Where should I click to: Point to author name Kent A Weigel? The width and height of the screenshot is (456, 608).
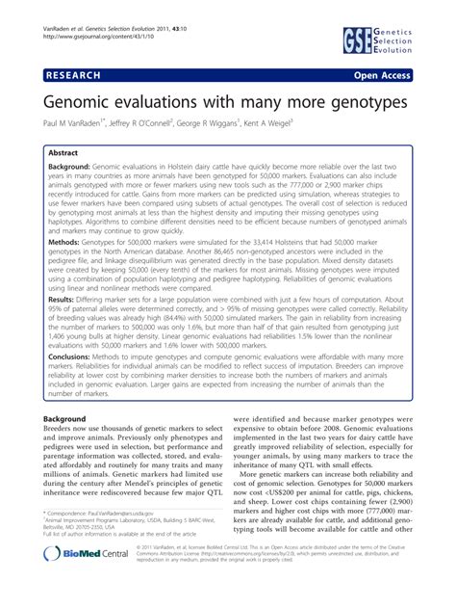coord(291,124)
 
